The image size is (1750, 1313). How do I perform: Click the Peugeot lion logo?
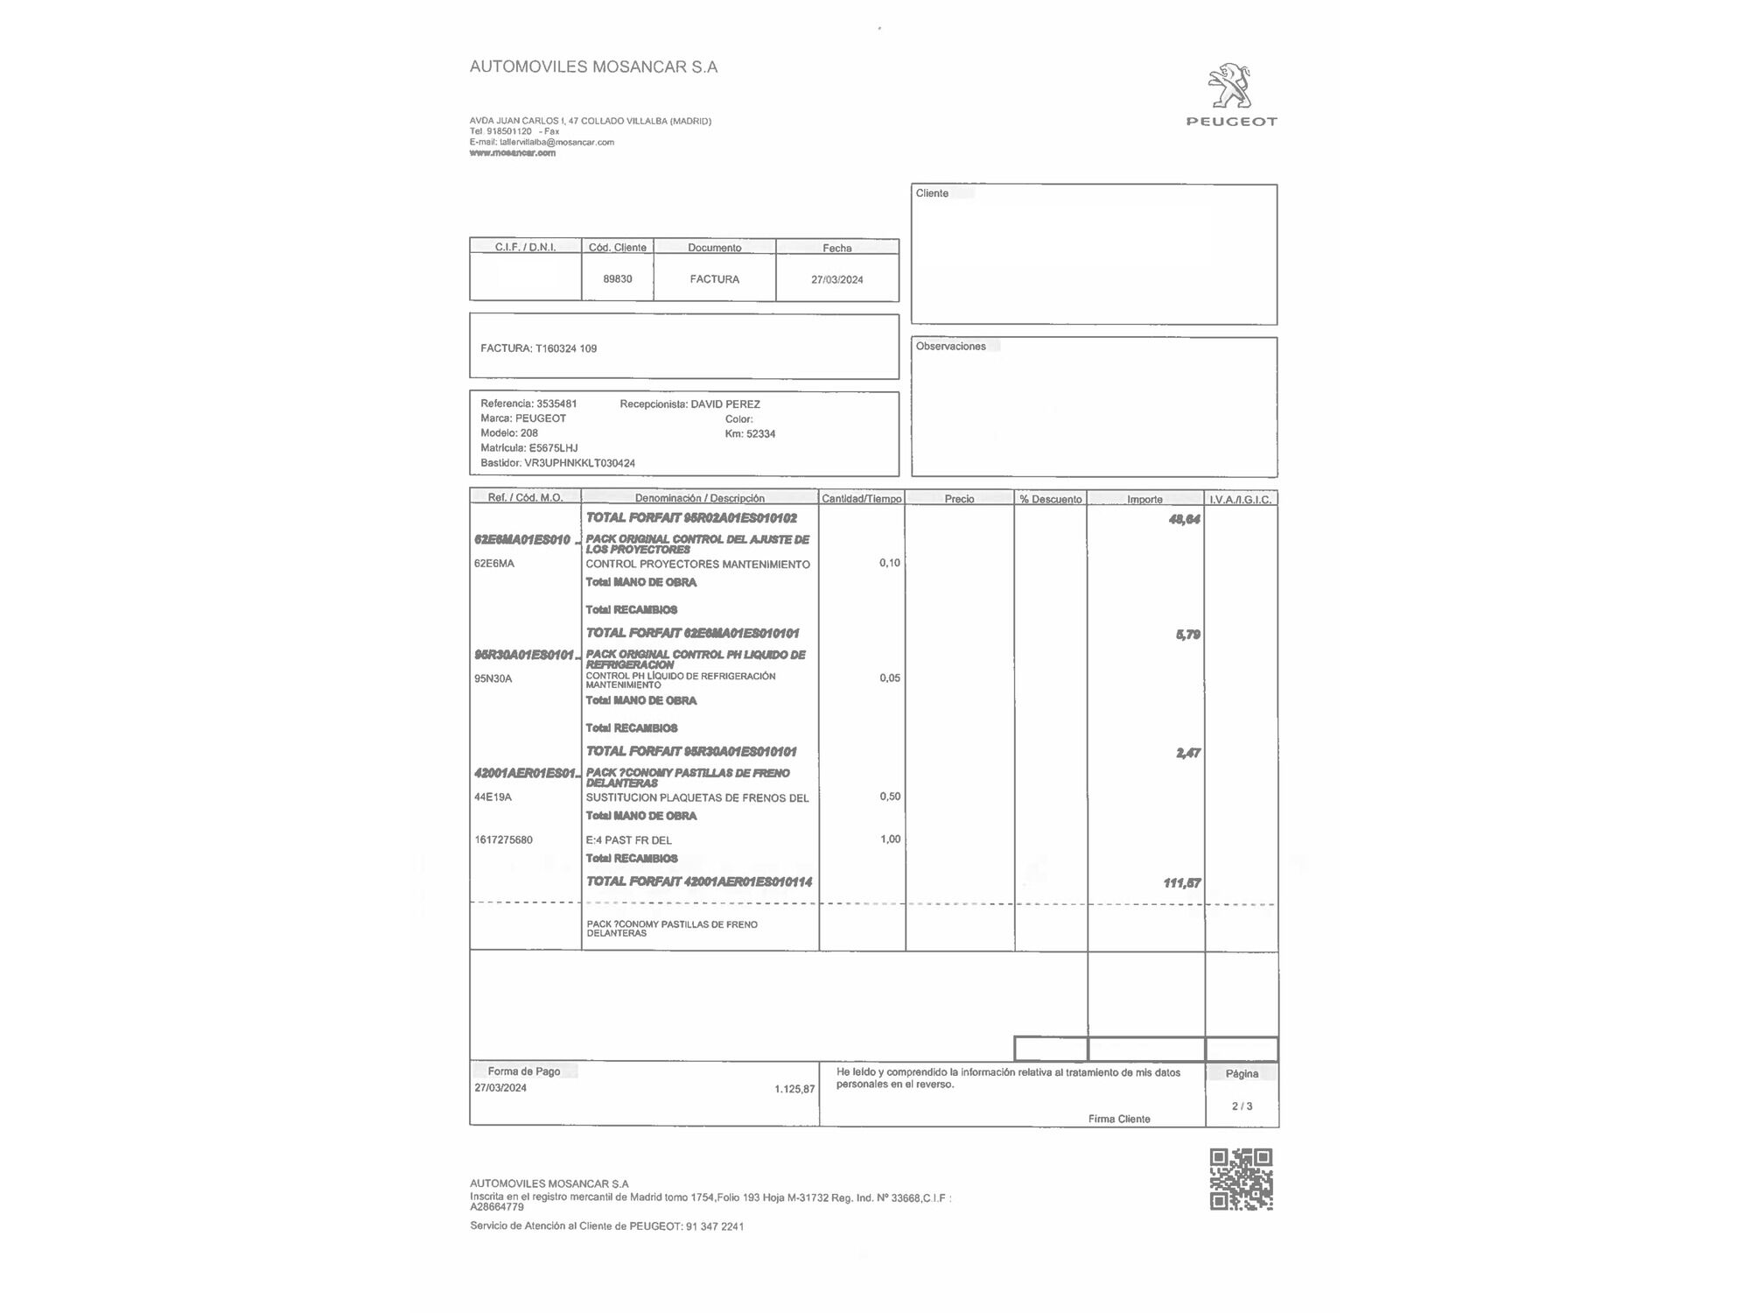[x=1230, y=87]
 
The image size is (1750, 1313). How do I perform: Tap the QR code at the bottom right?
[x=1241, y=1179]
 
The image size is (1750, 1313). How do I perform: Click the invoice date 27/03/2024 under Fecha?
[x=836, y=280]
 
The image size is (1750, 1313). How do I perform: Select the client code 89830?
[x=617, y=279]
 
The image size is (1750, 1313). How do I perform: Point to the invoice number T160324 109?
[x=565, y=348]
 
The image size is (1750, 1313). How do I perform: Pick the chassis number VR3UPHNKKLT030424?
[x=579, y=463]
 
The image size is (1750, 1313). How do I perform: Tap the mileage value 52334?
[x=760, y=434]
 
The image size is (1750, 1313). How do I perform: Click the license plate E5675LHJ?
[x=553, y=448]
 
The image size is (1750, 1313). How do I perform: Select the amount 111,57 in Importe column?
[x=1181, y=883]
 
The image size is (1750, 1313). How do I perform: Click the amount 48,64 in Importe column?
[x=1184, y=520]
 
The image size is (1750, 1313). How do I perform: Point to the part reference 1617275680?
[x=503, y=840]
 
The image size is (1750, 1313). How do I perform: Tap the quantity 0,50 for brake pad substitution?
[x=889, y=797]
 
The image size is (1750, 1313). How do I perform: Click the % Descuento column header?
[x=1050, y=499]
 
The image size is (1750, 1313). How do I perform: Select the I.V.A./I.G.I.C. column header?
[x=1240, y=499]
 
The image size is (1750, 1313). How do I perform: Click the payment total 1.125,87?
[x=794, y=1090]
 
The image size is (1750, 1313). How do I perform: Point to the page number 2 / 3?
[x=1242, y=1106]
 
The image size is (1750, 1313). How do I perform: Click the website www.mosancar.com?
[x=512, y=153]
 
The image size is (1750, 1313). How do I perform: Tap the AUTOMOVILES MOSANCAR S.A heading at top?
[x=593, y=67]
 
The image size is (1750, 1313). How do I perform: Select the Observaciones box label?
[x=950, y=347]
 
